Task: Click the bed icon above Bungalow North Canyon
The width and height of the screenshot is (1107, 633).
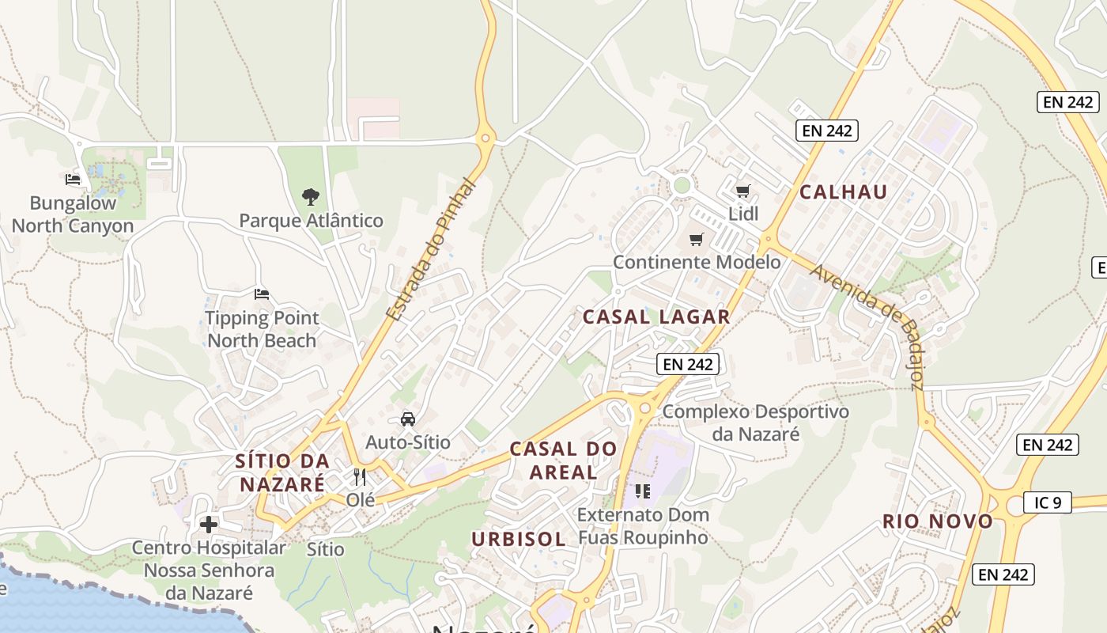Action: [73, 180]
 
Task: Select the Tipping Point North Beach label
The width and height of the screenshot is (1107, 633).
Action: [262, 329]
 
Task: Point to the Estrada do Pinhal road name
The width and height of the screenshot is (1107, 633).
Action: [433, 250]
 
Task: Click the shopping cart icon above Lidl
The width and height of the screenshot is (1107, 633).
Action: [742, 191]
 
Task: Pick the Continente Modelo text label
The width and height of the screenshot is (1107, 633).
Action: [697, 262]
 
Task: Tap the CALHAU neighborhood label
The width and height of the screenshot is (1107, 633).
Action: [843, 191]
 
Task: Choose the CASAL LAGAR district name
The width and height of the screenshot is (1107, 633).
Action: [656, 317]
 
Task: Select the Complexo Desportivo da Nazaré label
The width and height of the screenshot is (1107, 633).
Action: [755, 423]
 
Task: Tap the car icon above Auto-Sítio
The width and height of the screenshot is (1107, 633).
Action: [408, 419]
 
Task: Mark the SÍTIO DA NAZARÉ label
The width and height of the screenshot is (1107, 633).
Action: [282, 472]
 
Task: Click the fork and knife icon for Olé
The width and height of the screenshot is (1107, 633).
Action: [360, 477]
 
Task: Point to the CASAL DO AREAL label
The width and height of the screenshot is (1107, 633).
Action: [563, 461]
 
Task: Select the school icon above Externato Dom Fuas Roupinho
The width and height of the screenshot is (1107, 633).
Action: [643, 491]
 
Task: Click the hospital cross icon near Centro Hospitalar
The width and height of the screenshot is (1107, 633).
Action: [209, 525]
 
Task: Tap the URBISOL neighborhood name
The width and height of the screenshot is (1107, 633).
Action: [519, 540]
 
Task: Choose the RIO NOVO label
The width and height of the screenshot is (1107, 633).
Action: [938, 521]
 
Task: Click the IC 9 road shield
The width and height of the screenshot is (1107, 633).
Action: [1047, 502]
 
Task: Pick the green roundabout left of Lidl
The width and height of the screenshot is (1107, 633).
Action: [682, 186]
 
